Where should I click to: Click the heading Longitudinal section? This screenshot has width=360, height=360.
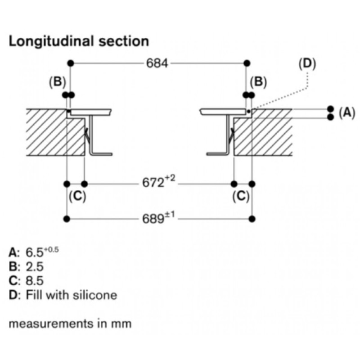(x=79, y=41)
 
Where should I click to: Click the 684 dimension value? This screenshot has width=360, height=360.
(x=157, y=63)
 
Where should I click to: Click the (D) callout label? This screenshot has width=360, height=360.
(x=307, y=63)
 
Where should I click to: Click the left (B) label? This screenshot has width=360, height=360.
(x=58, y=82)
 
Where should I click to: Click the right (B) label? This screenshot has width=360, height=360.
(x=258, y=82)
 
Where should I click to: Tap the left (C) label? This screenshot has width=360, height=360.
(x=77, y=196)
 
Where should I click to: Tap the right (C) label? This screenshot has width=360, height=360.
(x=241, y=196)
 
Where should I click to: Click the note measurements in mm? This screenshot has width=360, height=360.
(x=70, y=323)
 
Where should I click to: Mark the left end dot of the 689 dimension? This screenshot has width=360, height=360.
(x=67, y=219)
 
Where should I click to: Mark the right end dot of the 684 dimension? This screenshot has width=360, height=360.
(x=246, y=63)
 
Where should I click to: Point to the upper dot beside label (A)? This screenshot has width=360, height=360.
(x=331, y=109)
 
